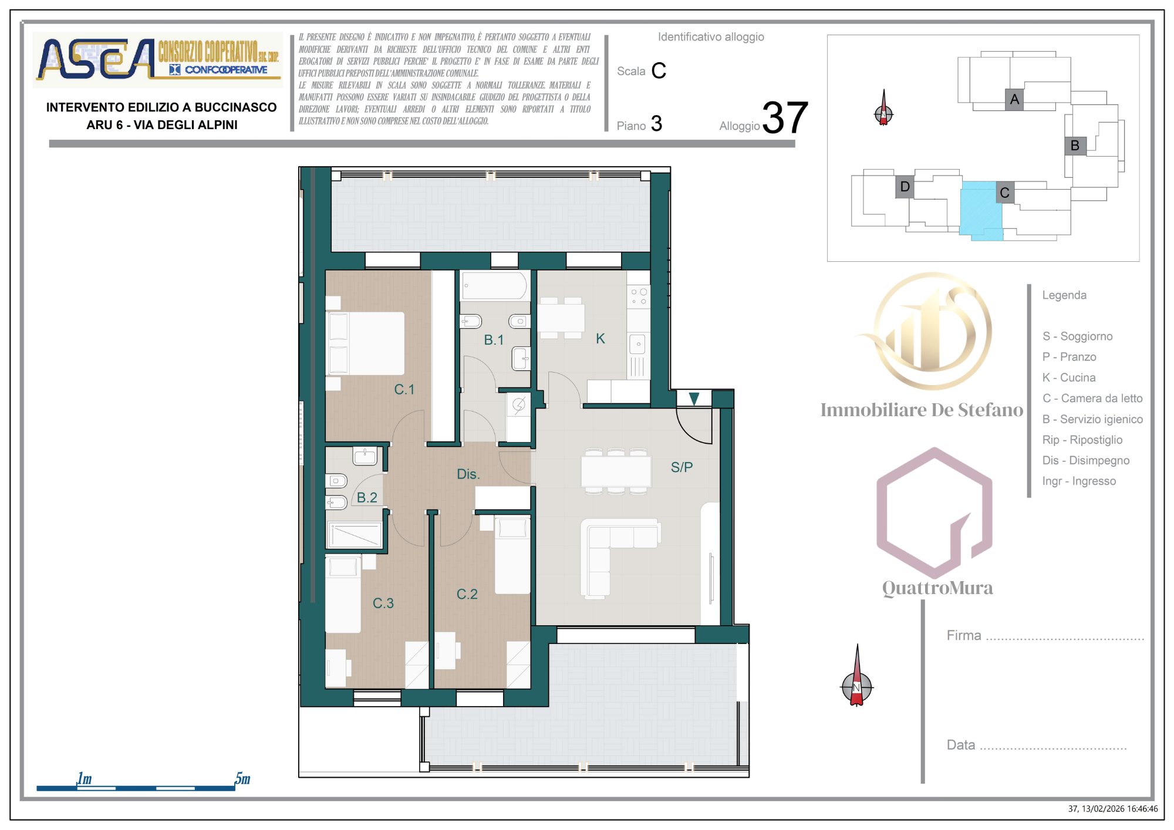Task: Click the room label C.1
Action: pyautogui.click(x=404, y=389)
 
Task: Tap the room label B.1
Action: pyautogui.click(x=494, y=340)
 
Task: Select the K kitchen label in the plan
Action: pyautogui.click(x=600, y=338)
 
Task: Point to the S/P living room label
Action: pyautogui.click(x=682, y=467)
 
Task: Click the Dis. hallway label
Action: pyautogui.click(x=468, y=474)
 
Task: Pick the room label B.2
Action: pyautogui.click(x=367, y=498)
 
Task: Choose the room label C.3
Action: pyautogui.click(x=383, y=603)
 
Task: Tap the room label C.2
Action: pyautogui.click(x=467, y=594)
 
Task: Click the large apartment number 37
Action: pyautogui.click(x=785, y=117)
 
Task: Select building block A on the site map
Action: pyautogui.click(x=1014, y=99)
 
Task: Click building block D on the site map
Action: pyautogui.click(x=905, y=187)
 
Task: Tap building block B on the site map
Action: pyautogui.click(x=1075, y=145)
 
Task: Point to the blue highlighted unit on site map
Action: pyautogui.click(x=980, y=210)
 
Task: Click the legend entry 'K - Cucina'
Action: pyautogui.click(x=1069, y=377)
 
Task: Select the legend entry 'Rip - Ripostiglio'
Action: pyautogui.click(x=1082, y=440)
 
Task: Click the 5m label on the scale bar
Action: pyautogui.click(x=242, y=778)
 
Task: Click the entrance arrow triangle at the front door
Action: pyautogui.click(x=694, y=399)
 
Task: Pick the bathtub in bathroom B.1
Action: pyautogui.click(x=494, y=286)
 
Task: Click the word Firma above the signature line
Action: pyautogui.click(x=964, y=635)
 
